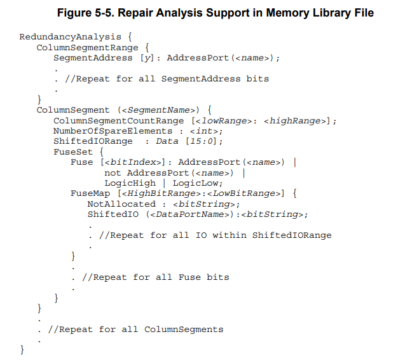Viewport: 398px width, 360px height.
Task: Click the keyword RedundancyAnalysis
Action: pyautogui.click(x=68, y=37)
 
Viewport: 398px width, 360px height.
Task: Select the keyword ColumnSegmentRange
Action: pyautogui.click(x=87, y=47)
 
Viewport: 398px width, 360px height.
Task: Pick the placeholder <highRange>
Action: pyautogui.click(x=296, y=121)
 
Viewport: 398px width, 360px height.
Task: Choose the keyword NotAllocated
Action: pyautogui.click(x=121, y=204)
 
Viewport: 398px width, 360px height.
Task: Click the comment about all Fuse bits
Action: pyautogui.click(x=155, y=277)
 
